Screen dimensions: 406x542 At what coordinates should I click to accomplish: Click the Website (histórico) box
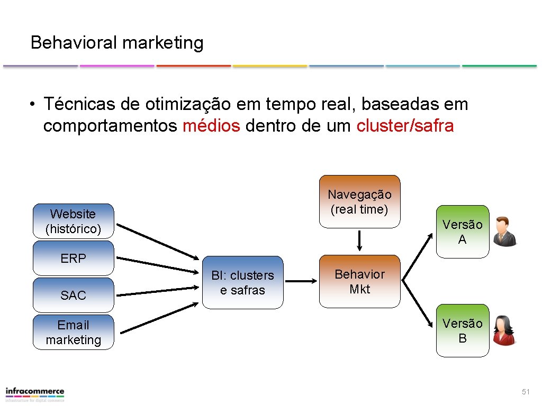(73, 222)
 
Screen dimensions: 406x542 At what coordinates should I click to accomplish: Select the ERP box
(73, 259)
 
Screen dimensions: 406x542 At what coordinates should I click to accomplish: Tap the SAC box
(73, 295)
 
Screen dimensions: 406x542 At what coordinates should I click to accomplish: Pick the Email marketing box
(73, 332)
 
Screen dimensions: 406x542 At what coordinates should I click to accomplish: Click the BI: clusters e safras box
(242, 282)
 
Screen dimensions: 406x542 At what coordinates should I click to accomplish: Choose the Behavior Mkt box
(359, 281)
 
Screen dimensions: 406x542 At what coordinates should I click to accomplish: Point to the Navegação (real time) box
(359, 202)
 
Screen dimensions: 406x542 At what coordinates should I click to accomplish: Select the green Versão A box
(462, 232)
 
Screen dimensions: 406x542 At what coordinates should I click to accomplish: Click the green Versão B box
(462, 330)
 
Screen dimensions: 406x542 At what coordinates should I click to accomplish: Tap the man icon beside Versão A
(504, 232)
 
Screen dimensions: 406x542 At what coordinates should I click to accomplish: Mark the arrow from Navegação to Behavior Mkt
(359, 241)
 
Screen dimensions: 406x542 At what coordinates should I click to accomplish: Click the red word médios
(211, 127)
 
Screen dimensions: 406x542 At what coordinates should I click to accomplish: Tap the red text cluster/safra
(405, 127)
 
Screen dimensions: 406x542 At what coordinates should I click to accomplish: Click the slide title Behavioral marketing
(117, 42)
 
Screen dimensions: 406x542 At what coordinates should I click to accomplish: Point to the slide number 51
(525, 392)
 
